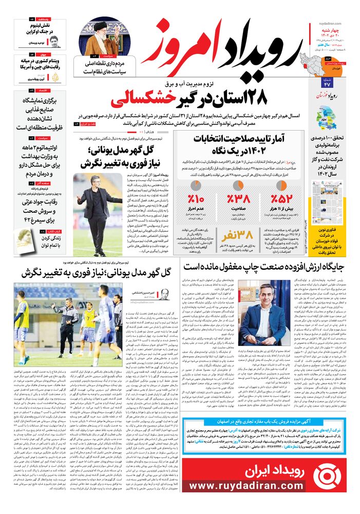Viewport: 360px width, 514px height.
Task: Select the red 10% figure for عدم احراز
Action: [196, 199]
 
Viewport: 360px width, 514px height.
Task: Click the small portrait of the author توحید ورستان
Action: [54, 42]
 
